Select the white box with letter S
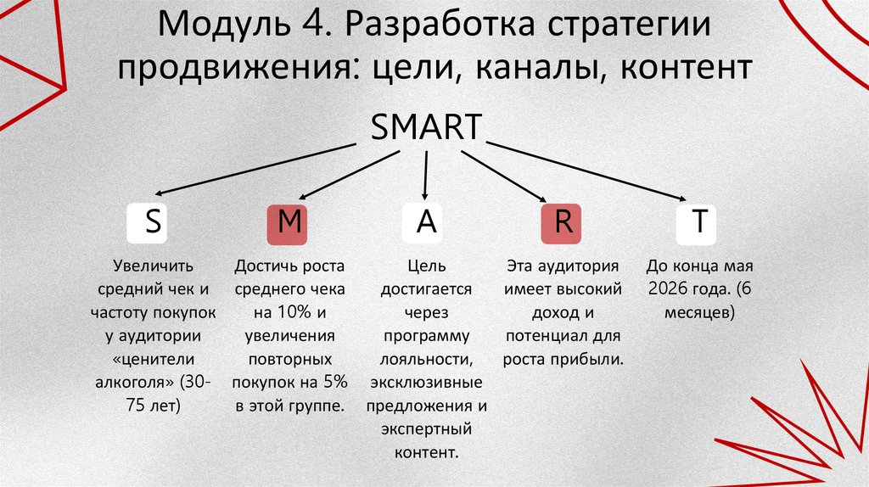[153, 222]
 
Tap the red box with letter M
[290, 222]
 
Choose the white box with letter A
[427, 222]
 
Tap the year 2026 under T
[668, 288]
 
